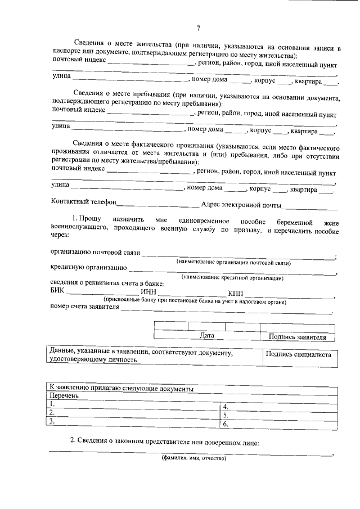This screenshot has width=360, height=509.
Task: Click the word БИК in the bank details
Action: (58, 293)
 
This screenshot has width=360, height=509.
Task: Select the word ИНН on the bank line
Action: (148, 293)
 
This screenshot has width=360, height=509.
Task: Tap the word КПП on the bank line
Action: (236, 293)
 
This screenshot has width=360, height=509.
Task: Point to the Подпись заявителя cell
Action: (298, 336)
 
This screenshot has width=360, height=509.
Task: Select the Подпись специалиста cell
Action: (298, 355)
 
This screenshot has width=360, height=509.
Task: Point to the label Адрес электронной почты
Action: (241, 204)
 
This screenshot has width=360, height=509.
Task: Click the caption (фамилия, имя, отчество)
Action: (193, 458)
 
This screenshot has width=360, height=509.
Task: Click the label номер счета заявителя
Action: (85, 307)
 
